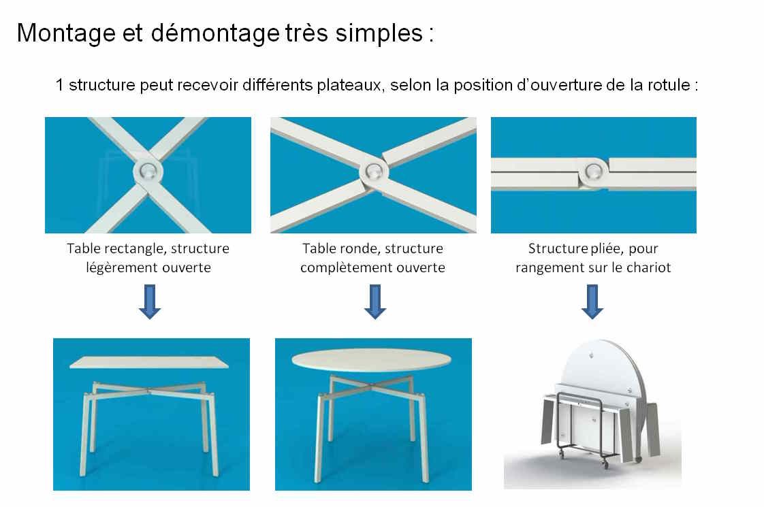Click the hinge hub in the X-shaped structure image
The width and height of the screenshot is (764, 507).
(147, 171)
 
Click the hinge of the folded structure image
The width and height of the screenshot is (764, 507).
(591, 171)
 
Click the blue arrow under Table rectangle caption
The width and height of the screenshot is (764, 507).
(149, 301)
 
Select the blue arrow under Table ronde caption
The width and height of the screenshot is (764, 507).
(375, 301)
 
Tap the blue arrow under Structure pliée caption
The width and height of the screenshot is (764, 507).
(592, 301)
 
